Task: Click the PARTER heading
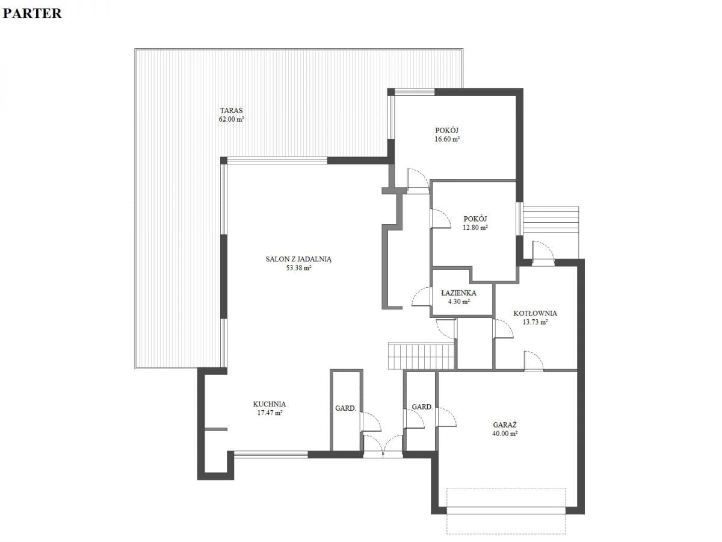pyautogui.click(x=32, y=13)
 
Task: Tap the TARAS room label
pyautogui.click(x=231, y=111)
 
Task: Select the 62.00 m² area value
pyautogui.click(x=231, y=119)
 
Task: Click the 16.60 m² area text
pyautogui.click(x=447, y=139)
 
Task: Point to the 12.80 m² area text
pyautogui.click(x=475, y=228)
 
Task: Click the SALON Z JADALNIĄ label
pyautogui.click(x=298, y=260)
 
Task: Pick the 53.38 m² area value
pyautogui.click(x=298, y=268)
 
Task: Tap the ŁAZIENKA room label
pyautogui.click(x=458, y=293)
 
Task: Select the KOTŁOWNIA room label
pyautogui.click(x=535, y=313)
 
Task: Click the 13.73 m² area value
pyautogui.click(x=535, y=322)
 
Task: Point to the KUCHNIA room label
pyautogui.click(x=270, y=404)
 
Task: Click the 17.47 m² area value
pyautogui.click(x=270, y=413)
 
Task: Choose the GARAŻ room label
pyautogui.click(x=505, y=425)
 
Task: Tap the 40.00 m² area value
pyautogui.click(x=505, y=434)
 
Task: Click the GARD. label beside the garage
pyautogui.click(x=422, y=406)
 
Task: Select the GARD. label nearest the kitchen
pyautogui.click(x=345, y=408)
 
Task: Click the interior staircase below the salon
pyautogui.click(x=421, y=356)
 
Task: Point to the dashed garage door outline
pyautogui.click(x=506, y=511)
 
